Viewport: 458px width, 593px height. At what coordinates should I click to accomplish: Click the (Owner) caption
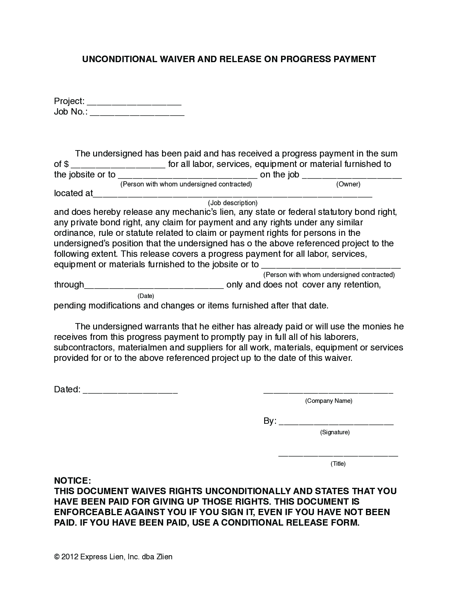[x=348, y=184]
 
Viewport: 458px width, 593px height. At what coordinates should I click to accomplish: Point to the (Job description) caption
[x=233, y=203]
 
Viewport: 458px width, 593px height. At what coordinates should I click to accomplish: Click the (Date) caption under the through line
[x=146, y=296]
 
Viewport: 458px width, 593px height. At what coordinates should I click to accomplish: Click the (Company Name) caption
[x=329, y=401]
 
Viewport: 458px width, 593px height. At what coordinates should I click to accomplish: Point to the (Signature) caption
[x=335, y=432]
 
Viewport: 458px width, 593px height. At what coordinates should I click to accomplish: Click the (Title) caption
[x=338, y=464]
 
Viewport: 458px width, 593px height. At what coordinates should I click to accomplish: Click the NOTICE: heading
[x=72, y=481]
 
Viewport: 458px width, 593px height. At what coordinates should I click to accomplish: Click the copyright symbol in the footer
[x=57, y=557]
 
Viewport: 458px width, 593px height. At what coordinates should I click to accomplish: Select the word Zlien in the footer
[x=164, y=557]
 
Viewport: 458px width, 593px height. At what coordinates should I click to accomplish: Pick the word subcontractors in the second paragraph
[x=85, y=347]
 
